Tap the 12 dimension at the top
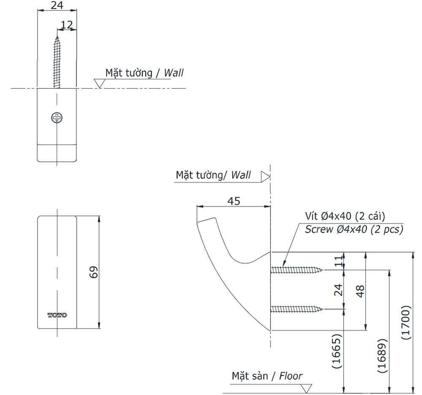[66, 25]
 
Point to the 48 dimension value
[360, 291]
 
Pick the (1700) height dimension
[406, 322]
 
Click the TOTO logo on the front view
[57, 315]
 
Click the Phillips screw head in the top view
[57, 118]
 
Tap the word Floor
[291, 376]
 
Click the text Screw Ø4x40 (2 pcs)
[354, 229]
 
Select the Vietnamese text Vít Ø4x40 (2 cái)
[345, 216]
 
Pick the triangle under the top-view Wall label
[100, 83]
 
